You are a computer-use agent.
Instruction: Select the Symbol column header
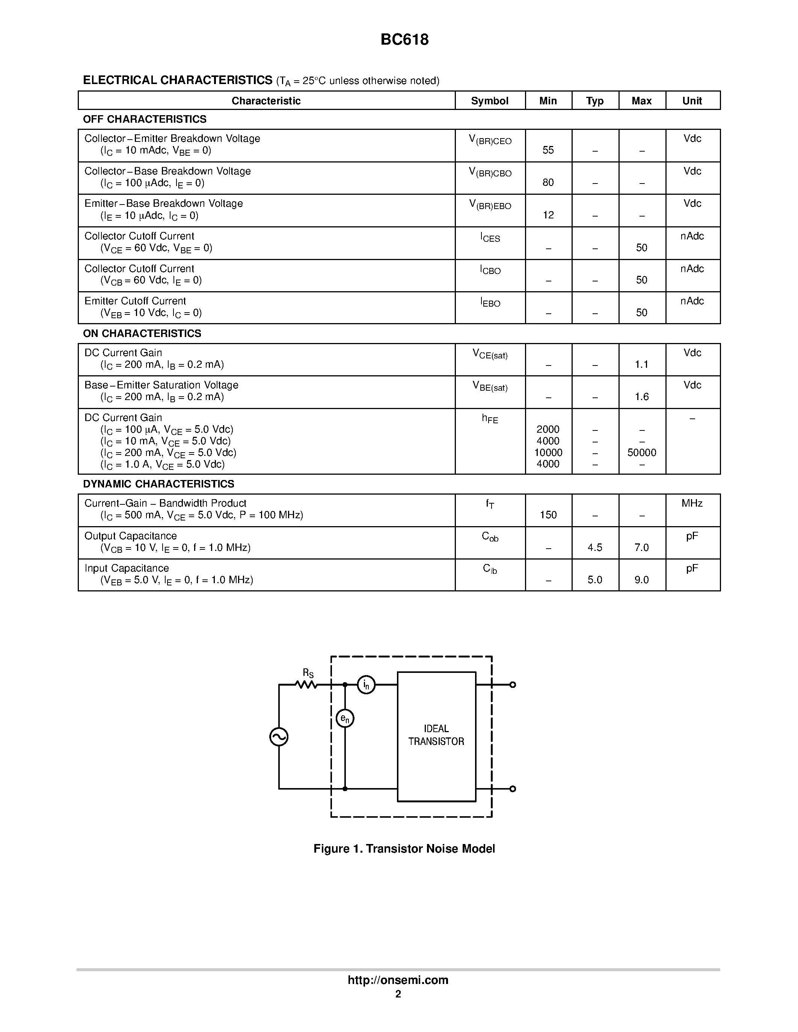tap(489, 101)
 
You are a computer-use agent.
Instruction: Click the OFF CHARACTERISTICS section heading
tap(145, 119)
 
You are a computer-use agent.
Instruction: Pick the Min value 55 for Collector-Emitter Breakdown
tap(548, 150)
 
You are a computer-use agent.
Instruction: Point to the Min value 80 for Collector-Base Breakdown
tap(548, 182)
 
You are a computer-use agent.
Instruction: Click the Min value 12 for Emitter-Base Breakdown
tap(548, 215)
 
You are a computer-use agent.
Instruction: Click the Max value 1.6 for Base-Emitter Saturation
tap(641, 397)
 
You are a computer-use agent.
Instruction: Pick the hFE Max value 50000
tap(641, 453)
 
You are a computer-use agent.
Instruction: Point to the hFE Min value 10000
tap(548, 453)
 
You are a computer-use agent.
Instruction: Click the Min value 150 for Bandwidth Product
tap(548, 515)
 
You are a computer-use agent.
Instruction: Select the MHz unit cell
tap(692, 503)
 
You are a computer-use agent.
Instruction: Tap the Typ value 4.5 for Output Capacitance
tap(595, 548)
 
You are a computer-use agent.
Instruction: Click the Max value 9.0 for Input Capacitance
tap(641, 580)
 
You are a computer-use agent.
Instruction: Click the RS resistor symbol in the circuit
tap(306, 684)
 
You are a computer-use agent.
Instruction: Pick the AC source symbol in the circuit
tap(279, 737)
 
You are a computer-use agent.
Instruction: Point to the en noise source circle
tap(345, 719)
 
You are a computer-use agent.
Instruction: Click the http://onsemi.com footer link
tap(398, 980)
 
